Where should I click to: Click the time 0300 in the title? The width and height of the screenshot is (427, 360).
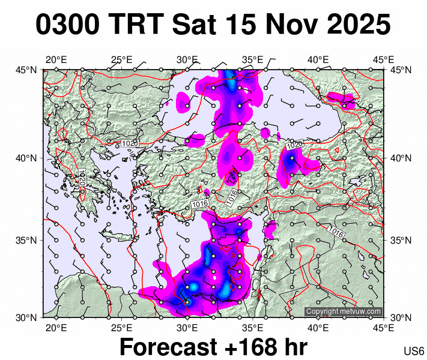(68, 25)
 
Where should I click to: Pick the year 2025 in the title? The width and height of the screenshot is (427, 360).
(356, 25)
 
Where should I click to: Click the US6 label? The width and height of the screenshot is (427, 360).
(414, 351)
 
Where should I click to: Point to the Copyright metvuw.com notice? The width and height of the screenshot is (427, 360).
(344, 311)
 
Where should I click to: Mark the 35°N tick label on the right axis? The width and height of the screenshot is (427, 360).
(400, 241)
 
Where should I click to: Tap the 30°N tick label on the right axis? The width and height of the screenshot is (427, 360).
(400, 317)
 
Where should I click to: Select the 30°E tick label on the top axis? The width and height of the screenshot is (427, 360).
(187, 59)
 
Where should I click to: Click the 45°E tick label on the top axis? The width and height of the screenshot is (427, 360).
(383, 59)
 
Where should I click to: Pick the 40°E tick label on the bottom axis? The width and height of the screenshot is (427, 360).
(318, 328)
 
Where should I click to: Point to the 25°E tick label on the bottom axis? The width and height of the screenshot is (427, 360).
(121, 328)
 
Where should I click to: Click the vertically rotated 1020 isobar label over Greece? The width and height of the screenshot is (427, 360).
(83, 178)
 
